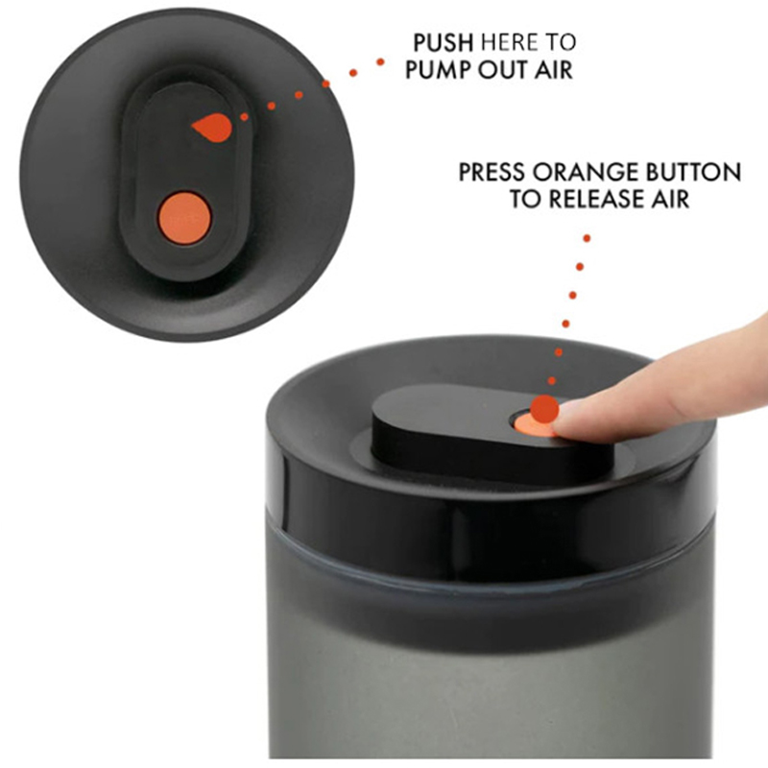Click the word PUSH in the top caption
click(x=443, y=42)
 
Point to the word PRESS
click(x=492, y=173)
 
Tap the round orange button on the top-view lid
click(x=184, y=218)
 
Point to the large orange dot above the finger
click(x=544, y=409)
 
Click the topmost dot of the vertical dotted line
click(x=587, y=238)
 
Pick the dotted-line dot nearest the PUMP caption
click(x=380, y=61)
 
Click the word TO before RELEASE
click(x=525, y=199)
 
